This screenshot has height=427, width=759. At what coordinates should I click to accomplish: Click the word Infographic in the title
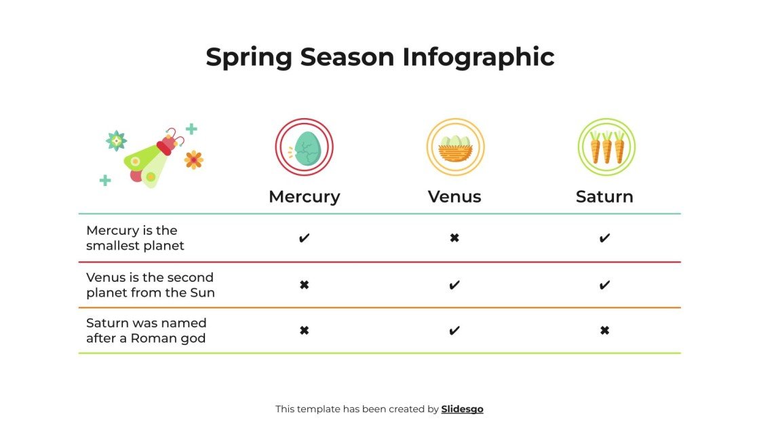[x=478, y=57]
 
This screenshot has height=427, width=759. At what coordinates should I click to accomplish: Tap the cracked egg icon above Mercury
[x=305, y=147]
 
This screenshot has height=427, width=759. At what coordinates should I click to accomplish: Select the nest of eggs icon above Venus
[x=454, y=147]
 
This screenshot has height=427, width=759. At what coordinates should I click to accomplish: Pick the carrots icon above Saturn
[x=606, y=147]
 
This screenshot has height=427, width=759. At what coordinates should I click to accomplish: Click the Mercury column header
[x=305, y=197]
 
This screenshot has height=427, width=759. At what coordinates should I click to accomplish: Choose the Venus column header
[x=454, y=197]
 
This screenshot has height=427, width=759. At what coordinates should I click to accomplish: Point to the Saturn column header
[x=604, y=197]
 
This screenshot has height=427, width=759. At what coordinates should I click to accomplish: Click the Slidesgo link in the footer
[x=462, y=409]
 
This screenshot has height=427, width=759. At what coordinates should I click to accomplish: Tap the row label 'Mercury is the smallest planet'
[x=135, y=238]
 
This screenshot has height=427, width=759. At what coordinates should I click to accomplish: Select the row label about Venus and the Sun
[x=150, y=285]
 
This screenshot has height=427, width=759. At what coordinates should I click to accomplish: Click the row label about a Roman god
[x=146, y=331]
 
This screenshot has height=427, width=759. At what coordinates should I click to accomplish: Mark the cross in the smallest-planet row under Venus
[x=454, y=238]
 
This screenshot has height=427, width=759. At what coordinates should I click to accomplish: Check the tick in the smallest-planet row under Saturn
[x=605, y=238]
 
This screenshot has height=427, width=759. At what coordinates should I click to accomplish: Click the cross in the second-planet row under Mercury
[x=305, y=285]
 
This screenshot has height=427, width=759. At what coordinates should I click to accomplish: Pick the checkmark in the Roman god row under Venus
[x=454, y=331]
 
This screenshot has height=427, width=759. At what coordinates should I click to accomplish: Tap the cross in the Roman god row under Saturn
[x=605, y=331]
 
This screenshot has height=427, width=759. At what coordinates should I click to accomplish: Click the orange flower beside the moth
[x=194, y=160]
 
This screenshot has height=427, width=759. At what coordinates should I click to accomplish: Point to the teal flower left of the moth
[x=116, y=141]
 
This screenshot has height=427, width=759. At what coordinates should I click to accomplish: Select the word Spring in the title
[x=249, y=57]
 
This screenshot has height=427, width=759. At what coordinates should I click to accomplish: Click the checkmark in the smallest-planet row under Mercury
[x=305, y=238]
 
